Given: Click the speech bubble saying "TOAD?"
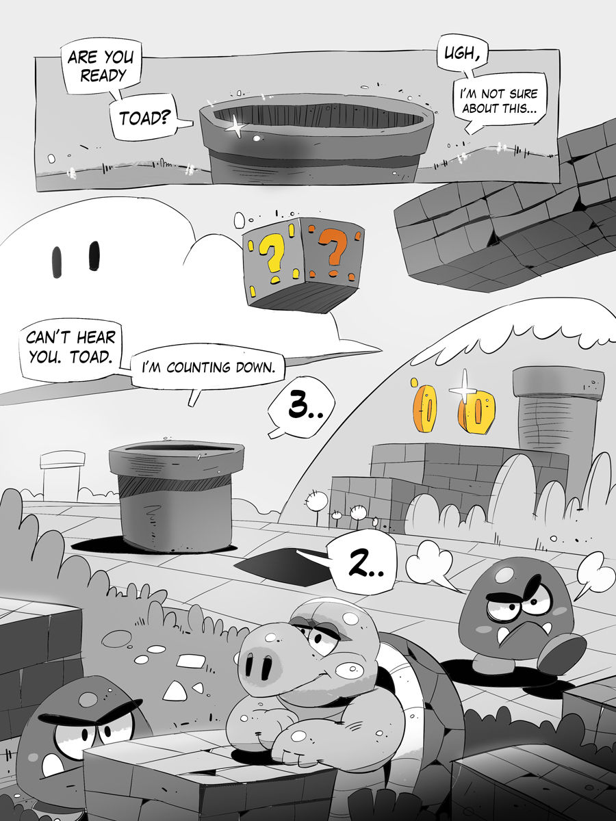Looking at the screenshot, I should (x=145, y=118).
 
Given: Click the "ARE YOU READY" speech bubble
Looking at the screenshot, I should (x=100, y=66).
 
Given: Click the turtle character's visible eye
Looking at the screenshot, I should (x=316, y=641).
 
